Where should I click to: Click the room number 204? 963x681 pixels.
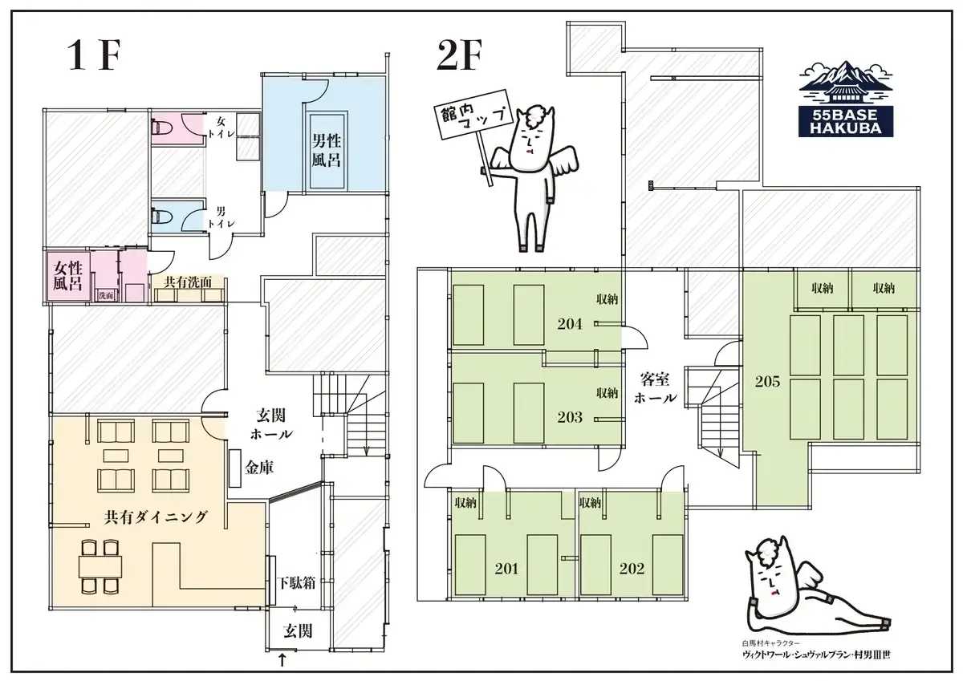coord(570,324)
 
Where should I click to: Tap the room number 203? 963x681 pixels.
coord(570,417)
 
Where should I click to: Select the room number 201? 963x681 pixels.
coord(506,569)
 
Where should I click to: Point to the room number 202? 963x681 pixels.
coord(632,569)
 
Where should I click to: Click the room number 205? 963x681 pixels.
coord(767,382)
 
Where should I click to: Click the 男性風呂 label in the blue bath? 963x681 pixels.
coord(327,150)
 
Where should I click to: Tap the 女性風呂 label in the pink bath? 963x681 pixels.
coord(68,276)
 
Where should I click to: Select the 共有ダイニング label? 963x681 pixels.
coord(156,517)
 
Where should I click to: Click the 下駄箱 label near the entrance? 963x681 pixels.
coord(297,583)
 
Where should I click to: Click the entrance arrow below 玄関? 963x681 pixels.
coord(282,660)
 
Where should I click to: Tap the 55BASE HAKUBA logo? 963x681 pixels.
coord(846,99)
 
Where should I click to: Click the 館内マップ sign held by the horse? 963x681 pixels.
coord(473,116)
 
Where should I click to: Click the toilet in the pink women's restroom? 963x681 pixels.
coord(161,127)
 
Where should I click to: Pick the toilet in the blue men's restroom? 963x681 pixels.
coord(161,214)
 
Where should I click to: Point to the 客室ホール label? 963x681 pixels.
coord(655,388)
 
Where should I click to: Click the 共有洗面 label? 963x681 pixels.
coord(188,282)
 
